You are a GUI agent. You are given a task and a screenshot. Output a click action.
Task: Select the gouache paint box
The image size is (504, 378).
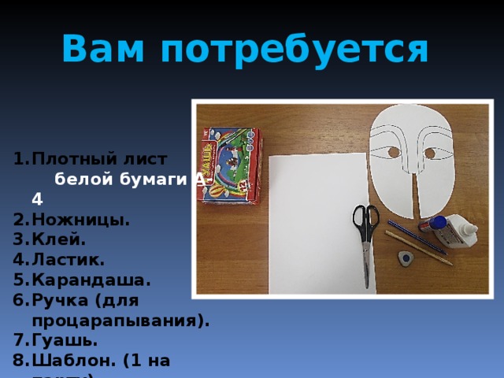232,165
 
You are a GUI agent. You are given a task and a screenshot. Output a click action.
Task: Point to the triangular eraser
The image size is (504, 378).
405,258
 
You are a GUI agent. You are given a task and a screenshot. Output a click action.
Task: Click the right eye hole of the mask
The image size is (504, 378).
430,153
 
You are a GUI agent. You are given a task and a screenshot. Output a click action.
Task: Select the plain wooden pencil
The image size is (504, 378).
417,248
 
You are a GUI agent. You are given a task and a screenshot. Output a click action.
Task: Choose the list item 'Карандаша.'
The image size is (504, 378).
91,280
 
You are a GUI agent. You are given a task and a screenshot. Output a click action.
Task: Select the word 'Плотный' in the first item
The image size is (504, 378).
70,158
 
